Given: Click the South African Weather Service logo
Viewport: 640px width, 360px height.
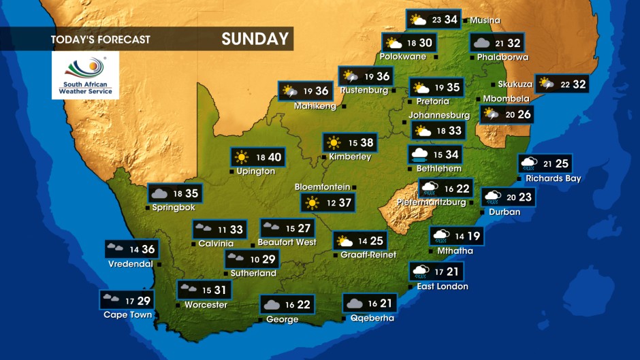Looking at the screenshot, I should point(85,74).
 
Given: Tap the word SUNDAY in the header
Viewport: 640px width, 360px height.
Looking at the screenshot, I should point(255,39).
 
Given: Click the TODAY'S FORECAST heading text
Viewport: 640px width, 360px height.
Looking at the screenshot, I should point(100,39).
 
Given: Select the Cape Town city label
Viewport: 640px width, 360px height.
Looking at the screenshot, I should point(127,315).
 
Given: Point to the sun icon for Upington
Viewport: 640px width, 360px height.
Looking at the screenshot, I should point(242,158).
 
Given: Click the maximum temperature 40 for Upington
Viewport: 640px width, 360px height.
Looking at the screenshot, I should point(274,158).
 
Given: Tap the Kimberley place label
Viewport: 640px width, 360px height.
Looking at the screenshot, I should point(350,157).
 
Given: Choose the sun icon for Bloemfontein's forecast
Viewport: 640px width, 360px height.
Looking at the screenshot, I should point(312,203).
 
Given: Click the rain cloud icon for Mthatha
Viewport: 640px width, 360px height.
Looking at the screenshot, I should point(441,236).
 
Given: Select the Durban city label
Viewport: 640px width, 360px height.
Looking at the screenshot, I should point(505,212).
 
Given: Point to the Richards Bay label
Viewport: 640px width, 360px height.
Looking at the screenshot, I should point(553,179).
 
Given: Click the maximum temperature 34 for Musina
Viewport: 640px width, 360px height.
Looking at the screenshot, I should point(451,20).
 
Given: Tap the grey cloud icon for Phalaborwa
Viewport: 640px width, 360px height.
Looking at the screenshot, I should point(481,43).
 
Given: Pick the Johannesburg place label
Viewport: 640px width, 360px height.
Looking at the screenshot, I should point(438,116).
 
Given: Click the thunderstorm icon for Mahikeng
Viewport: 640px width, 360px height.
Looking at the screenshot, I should point(289,91).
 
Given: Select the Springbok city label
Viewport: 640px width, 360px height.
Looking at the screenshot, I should point(174,208).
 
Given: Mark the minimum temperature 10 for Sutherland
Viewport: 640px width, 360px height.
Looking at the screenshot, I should point(255,259).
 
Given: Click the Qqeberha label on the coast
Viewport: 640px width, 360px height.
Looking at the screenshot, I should point(372,318).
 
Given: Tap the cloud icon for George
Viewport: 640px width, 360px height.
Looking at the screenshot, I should point(272,305).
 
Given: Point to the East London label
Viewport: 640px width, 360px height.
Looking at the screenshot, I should point(443,287).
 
